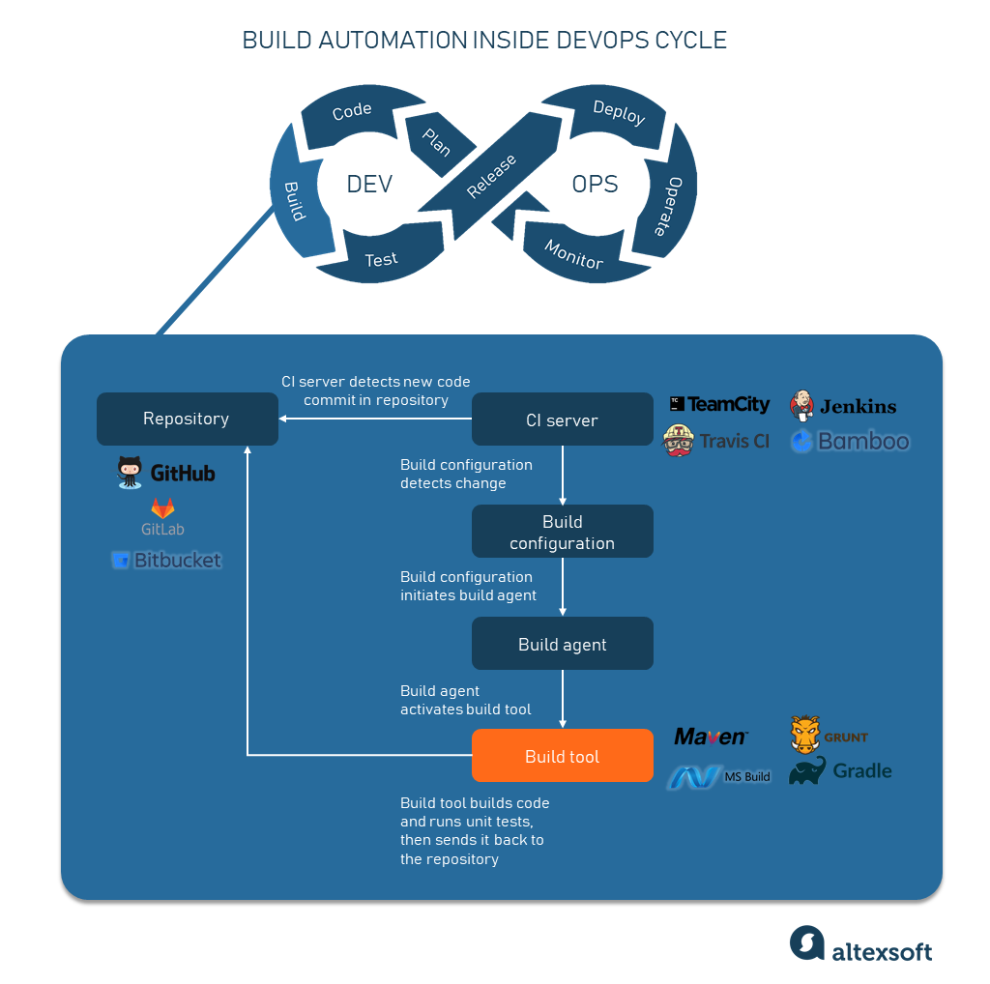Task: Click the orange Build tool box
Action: coord(562,756)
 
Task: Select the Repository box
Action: coord(187,419)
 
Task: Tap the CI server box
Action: coord(562,420)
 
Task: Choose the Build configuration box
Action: coord(562,533)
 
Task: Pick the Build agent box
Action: coord(562,645)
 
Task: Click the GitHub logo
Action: coord(166,473)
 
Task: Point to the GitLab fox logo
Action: coord(162,508)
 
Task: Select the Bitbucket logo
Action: coord(166,560)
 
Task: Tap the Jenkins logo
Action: coord(843,406)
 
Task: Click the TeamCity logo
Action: coord(720,405)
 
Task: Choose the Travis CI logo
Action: coord(716,441)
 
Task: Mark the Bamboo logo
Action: coord(850,442)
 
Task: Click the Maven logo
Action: coord(711,737)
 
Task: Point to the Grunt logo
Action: coord(829,736)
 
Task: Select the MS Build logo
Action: coord(719,776)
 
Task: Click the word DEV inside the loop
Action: coord(369,184)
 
